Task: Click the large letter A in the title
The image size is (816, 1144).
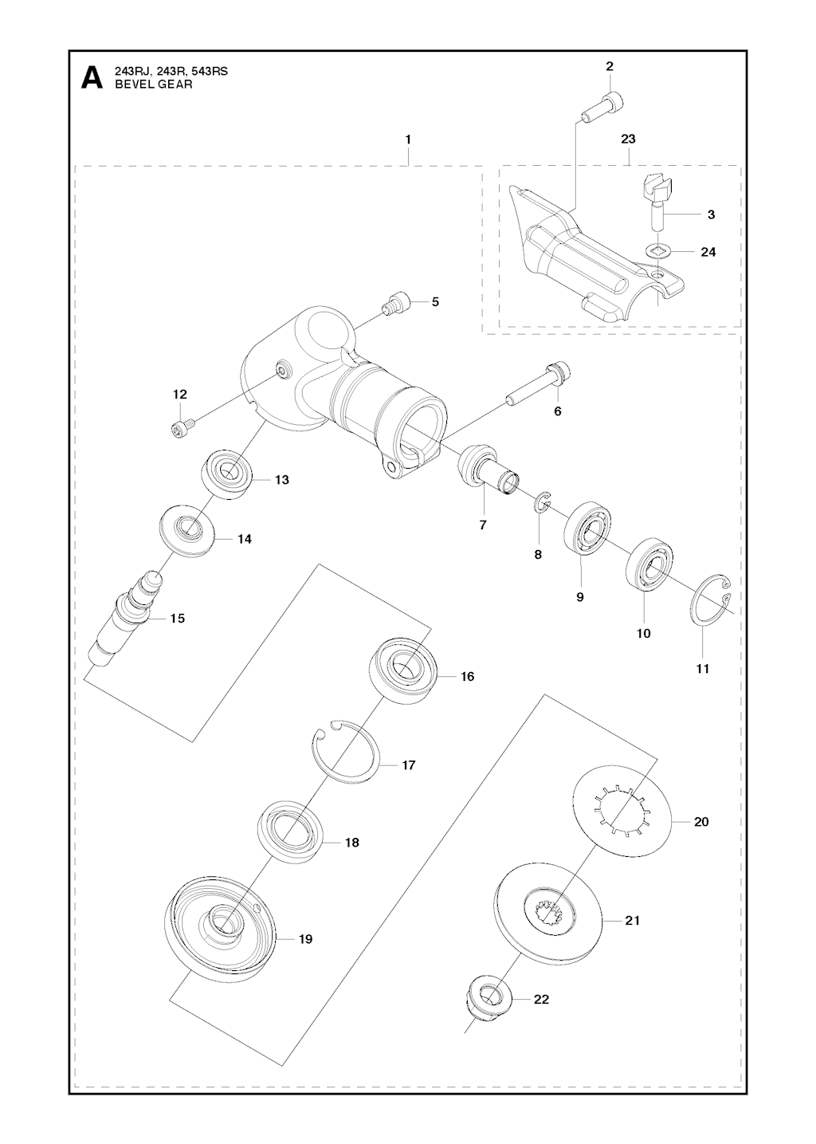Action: click(92, 78)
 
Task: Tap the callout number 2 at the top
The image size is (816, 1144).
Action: click(610, 66)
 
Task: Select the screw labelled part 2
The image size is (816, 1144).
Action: click(603, 107)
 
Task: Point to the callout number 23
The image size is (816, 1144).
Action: click(628, 140)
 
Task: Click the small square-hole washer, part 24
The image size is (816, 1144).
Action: click(657, 253)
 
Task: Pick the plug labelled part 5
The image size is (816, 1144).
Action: click(396, 304)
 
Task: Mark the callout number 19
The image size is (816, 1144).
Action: click(305, 939)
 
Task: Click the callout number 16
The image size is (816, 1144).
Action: click(467, 677)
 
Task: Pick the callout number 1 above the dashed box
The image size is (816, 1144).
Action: click(408, 140)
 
